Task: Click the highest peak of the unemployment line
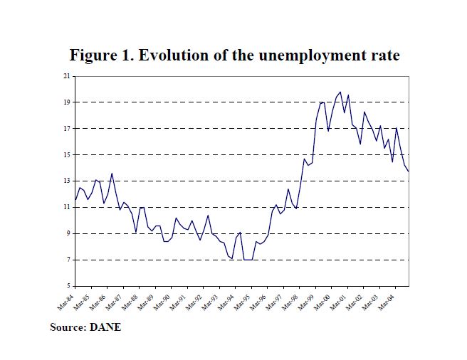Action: [x=340, y=92]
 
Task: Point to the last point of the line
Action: [x=408, y=171]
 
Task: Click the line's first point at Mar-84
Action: [x=75, y=200]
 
